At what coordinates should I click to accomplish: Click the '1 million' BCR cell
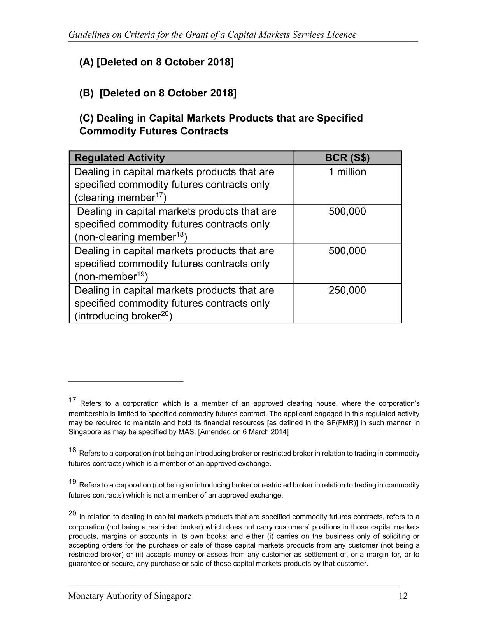[347, 172]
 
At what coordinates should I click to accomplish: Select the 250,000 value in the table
[347, 290]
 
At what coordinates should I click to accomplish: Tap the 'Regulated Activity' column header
[119, 158]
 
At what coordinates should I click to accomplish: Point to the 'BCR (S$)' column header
[347, 158]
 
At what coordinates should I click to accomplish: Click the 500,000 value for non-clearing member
[347, 211]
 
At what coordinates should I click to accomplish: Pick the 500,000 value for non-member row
[347, 251]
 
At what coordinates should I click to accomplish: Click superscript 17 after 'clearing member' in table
[159, 195]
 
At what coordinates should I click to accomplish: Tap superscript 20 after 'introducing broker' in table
[165, 313]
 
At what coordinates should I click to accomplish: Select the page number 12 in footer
[403, 596]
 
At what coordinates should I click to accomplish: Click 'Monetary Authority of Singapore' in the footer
[130, 596]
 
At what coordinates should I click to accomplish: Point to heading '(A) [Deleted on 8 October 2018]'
[156, 62]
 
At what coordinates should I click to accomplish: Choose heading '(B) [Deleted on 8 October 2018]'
[158, 93]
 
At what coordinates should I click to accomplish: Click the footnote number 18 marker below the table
[72, 450]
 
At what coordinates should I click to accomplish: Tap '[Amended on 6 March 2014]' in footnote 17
[244, 432]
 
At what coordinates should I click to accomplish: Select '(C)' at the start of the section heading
[86, 118]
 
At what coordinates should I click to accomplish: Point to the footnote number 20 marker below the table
[72, 513]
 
